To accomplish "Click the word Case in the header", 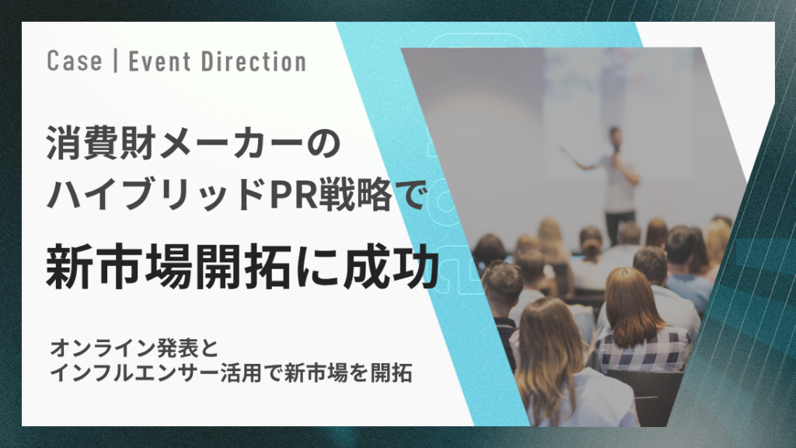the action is [x=74, y=61].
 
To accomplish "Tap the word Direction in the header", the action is [x=253, y=61].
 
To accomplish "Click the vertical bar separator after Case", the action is [x=115, y=61].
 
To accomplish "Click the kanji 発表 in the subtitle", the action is [x=176, y=348].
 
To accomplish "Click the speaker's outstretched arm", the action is [x=581, y=161].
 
